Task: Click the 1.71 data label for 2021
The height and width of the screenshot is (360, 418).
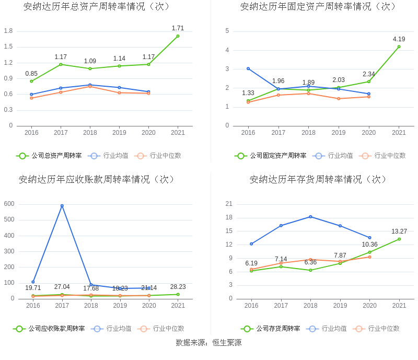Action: (178, 28)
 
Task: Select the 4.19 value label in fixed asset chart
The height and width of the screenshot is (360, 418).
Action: (399, 39)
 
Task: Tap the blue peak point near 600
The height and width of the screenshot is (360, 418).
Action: (62, 206)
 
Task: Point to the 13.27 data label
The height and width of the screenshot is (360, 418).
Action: (399, 231)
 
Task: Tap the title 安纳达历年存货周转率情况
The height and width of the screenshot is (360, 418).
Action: (318, 179)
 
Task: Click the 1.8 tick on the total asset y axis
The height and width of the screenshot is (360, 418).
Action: (8, 31)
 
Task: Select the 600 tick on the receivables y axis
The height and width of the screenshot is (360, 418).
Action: (9, 204)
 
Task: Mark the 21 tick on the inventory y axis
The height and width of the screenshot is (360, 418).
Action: (229, 204)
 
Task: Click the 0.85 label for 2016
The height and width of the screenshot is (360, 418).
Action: (31, 74)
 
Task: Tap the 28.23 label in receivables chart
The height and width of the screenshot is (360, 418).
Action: (178, 287)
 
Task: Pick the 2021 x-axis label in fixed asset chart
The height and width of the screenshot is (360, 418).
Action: (399, 133)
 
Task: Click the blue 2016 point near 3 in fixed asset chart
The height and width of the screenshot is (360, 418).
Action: (248, 68)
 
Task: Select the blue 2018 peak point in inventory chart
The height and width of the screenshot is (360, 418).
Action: (310, 216)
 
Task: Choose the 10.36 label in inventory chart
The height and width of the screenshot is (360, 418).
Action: (369, 245)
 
